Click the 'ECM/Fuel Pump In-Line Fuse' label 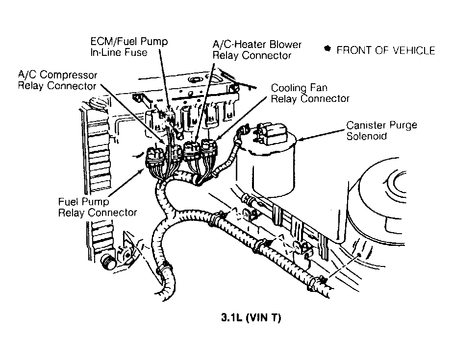point(129,47)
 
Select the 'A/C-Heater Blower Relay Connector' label point(257,50)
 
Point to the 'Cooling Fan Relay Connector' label point(310,94)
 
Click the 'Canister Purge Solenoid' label point(381,130)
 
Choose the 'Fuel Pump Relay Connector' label point(98,207)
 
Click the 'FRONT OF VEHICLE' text point(386,50)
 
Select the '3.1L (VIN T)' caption point(251,317)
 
